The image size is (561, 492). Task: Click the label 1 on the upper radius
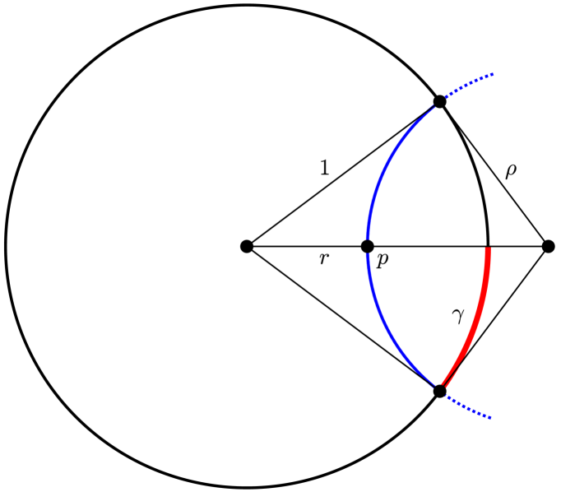click(324, 168)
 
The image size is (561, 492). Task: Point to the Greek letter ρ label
click(511, 170)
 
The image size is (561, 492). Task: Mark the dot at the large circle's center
click(246, 246)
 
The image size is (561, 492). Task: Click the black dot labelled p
click(368, 246)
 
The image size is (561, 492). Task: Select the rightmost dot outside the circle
click(549, 246)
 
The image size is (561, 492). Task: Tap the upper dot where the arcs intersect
click(439, 101)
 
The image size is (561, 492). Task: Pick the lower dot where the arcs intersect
click(439, 391)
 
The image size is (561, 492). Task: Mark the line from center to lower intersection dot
click(342, 318)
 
